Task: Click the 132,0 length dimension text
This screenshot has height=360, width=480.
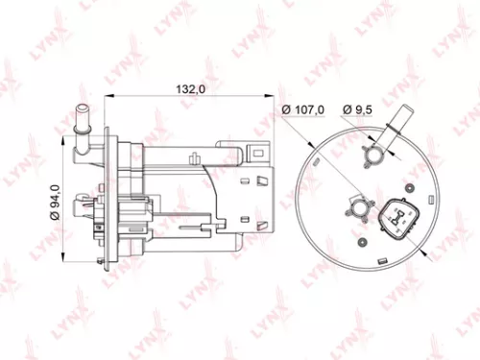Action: pyautogui.click(x=188, y=87)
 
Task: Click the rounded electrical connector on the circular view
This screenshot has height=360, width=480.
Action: pyautogui.click(x=397, y=218)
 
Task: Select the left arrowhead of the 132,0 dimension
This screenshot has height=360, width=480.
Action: pyautogui.click(x=108, y=95)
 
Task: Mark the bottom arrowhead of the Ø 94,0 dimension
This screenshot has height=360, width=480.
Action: pyautogui.click(x=64, y=254)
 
